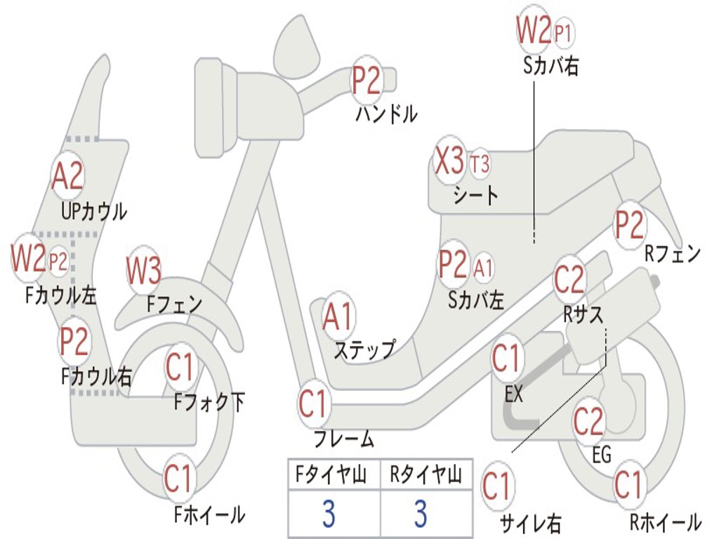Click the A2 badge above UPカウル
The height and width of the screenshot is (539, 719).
tap(67, 175)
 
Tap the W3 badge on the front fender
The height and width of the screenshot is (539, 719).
tap(144, 270)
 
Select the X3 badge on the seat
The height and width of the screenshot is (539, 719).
tap(450, 161)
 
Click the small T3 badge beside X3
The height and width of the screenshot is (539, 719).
tap(480, 164)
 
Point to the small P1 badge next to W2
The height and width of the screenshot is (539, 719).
tap(563, 33)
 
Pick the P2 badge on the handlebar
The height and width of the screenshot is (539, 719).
tap(366, 79)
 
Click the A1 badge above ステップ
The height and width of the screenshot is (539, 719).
tap(338, 317)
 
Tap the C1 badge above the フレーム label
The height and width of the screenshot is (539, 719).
tap(313, 404)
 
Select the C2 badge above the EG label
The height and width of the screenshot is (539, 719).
tap(589, 421)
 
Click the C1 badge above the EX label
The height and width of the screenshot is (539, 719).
tap(507, 359)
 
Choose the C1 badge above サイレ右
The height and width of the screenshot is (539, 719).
tap(497, 486)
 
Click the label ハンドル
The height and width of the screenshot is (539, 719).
tap(387, 113)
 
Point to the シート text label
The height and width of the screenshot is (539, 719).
tap(475, 196)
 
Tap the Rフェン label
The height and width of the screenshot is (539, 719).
tap(673, 253)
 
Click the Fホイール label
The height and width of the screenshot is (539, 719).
tap(209, 514)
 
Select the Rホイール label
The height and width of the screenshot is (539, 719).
tap(666, 522)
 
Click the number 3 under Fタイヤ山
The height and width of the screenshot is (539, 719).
tap(329, 514)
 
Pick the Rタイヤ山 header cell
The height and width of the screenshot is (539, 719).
tap(426, 474)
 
